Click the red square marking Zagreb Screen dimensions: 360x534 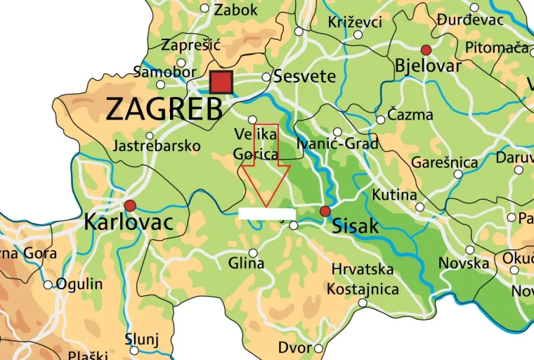[x=221, y=82]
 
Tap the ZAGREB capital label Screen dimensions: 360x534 [x=164, y=109]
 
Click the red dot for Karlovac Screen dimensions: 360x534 [x=130, y=205]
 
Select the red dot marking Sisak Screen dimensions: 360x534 [x=325, y=211]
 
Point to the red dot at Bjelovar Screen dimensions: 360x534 [x=425, y=49]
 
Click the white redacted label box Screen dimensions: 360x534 [x=266, y=213]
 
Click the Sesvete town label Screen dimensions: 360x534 [x=304, y=76]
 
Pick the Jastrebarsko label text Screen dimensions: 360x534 [x=156, y=146]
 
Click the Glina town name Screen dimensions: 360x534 [x=246, y=264]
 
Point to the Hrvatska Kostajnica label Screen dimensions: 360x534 [x=364, y=279]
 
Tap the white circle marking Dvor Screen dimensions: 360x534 [x=318, y=348]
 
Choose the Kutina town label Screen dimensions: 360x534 [x=394, y=195]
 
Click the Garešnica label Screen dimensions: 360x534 [x=445, y=162]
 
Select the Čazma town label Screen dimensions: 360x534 [x=410, y=115]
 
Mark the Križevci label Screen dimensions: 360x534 [x=355, y=22]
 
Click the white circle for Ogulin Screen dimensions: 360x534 [x=48, y=285]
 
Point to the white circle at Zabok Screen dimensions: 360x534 [x=204, y=8]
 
